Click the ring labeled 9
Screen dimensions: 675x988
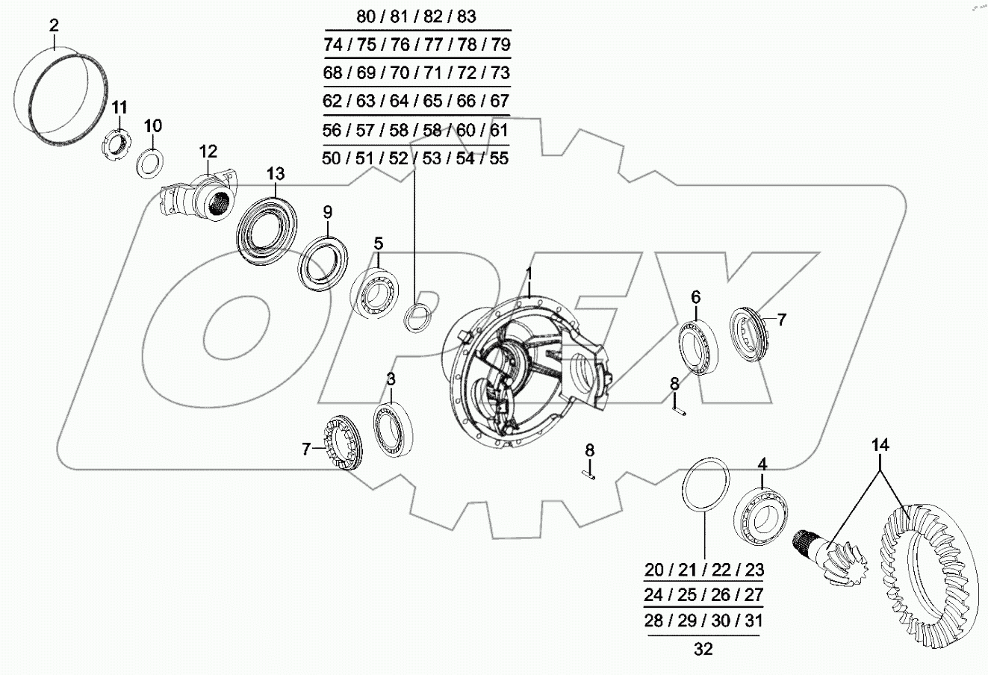tap(322, 262)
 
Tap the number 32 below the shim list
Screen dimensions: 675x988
tap(703, 650)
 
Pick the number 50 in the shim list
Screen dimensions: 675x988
tap(334, 158)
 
